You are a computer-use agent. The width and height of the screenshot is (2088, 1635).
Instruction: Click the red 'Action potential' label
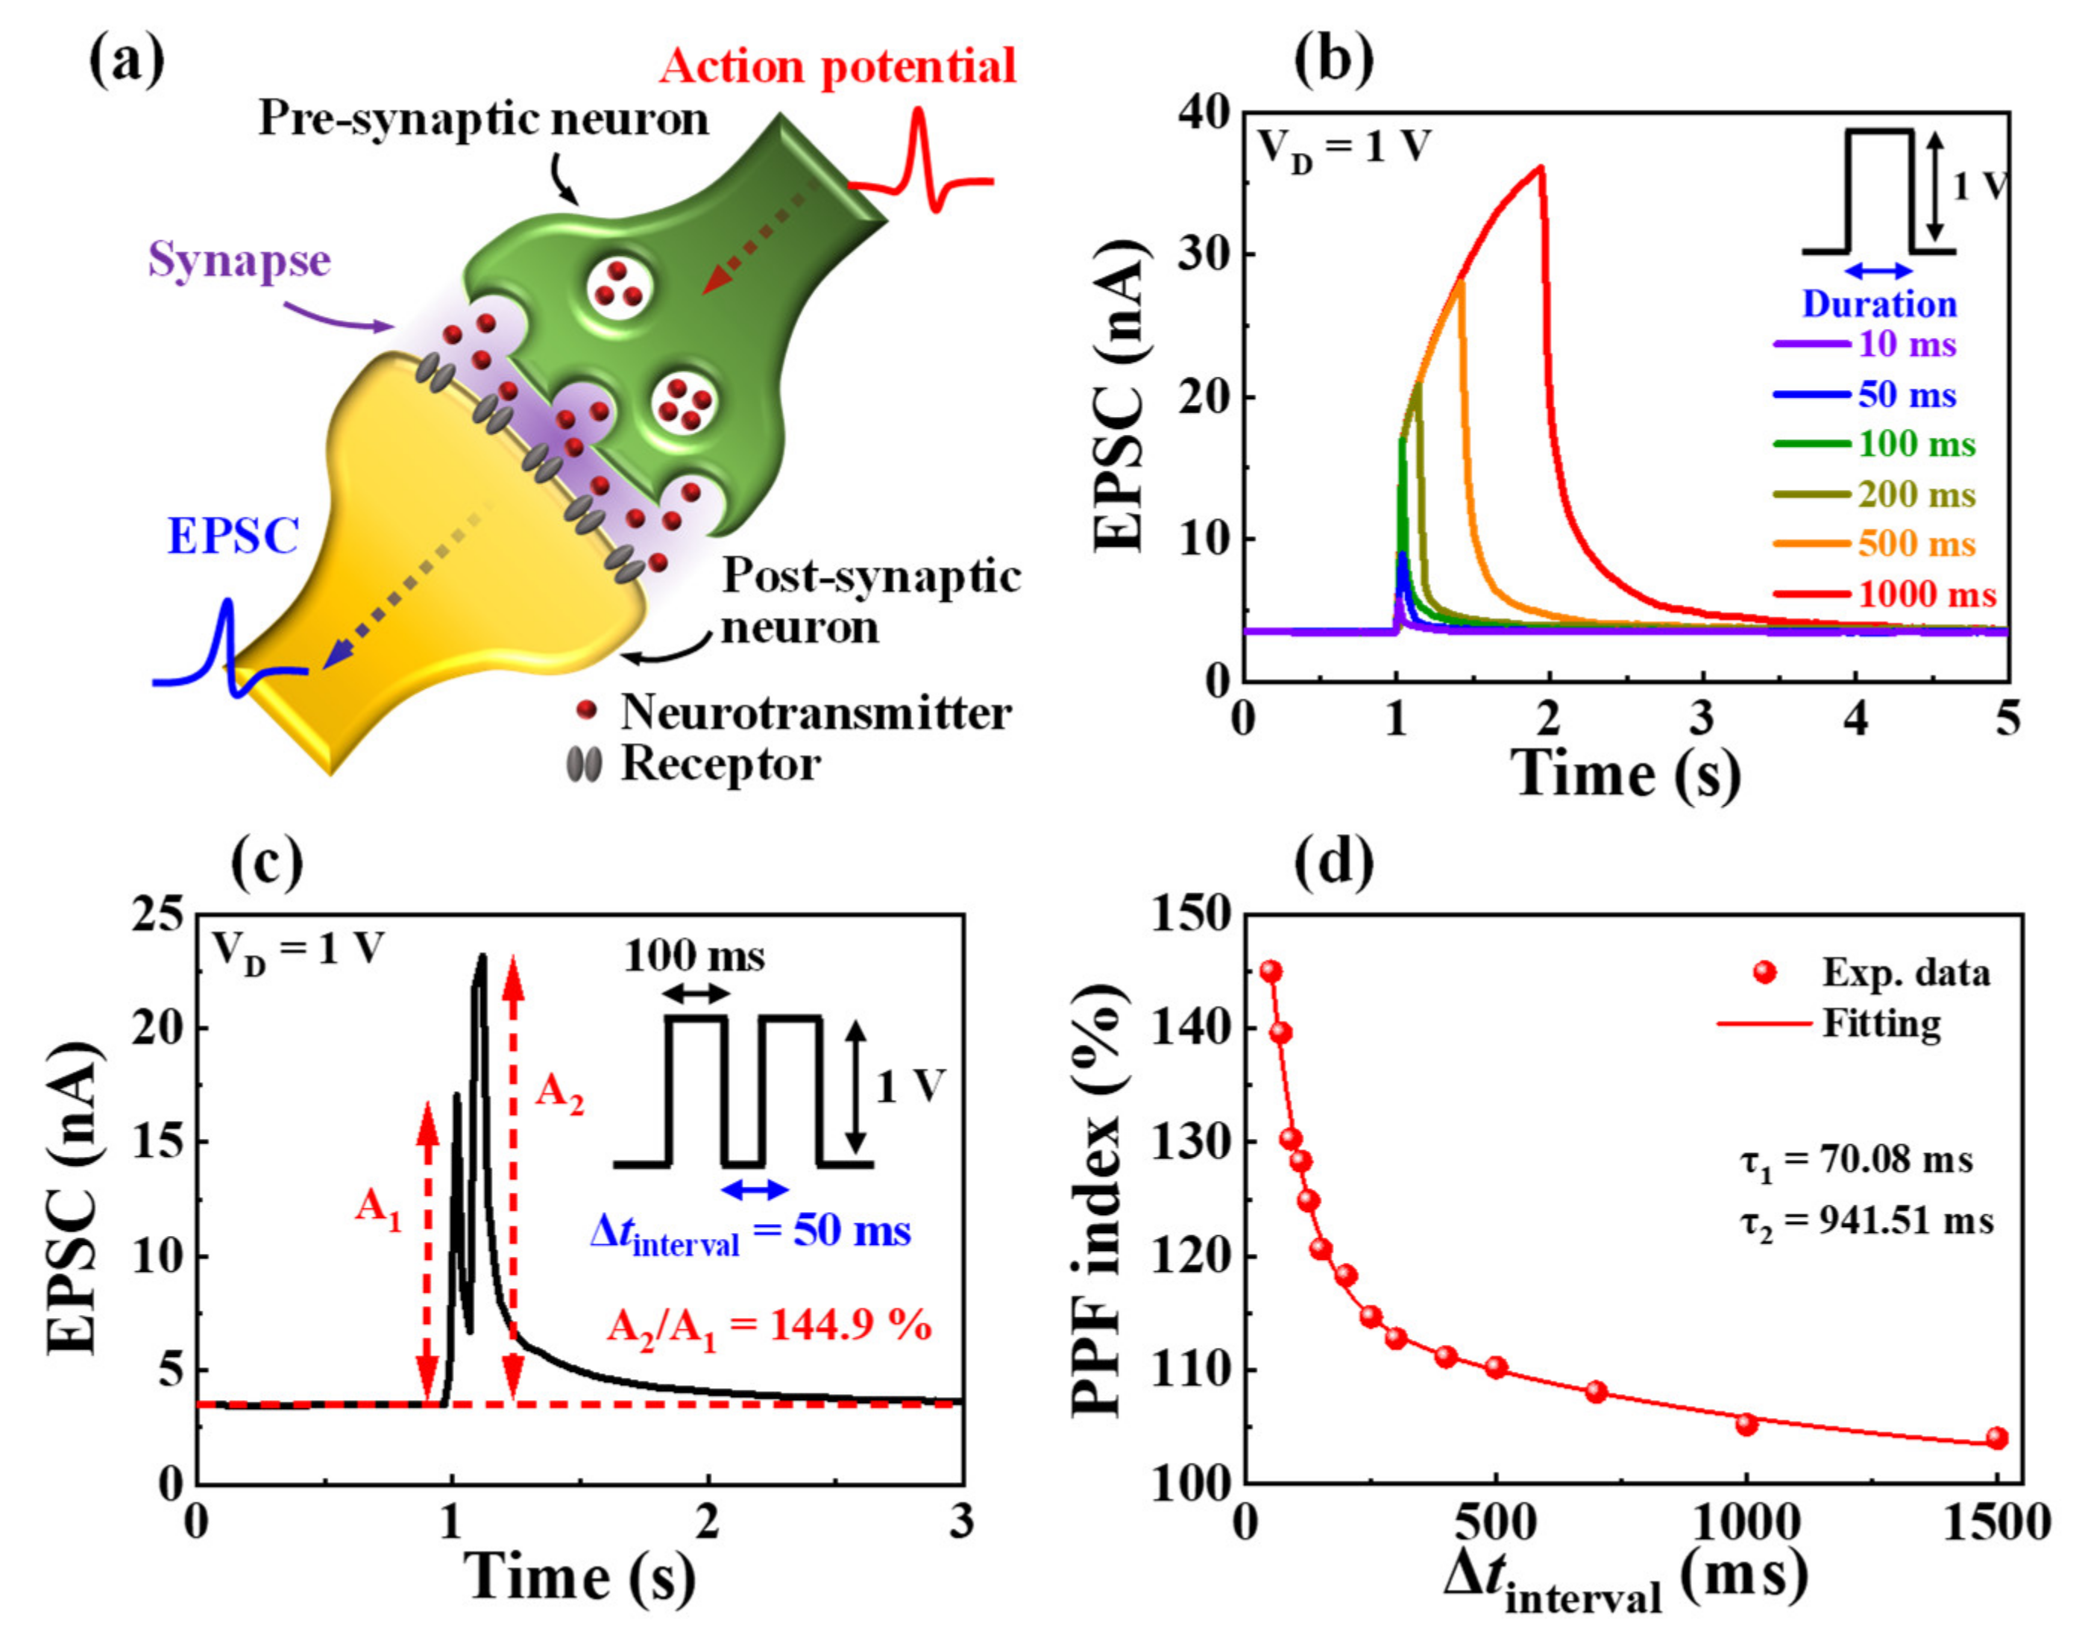point(837,67)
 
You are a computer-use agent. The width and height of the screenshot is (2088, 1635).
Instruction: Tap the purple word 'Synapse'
point(239,260)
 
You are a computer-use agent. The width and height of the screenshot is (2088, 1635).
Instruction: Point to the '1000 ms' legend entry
point(1926,594)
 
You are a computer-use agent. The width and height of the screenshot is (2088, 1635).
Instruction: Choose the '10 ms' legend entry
point(1906,344)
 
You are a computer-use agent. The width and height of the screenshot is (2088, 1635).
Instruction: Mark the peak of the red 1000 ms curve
point(1541,168)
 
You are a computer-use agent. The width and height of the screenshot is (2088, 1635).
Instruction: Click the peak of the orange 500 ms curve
point(1460,280)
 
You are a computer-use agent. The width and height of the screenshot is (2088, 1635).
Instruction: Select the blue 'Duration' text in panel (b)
point(1879,304)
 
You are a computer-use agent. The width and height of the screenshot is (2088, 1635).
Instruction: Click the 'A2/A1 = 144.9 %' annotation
point(768,1327)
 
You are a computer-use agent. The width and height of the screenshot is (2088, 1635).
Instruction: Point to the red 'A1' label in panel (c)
point(378,1209)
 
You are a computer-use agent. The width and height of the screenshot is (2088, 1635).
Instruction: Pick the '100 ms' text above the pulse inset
point(695,955)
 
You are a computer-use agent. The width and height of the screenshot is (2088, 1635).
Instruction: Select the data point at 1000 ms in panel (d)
point(1746,1425)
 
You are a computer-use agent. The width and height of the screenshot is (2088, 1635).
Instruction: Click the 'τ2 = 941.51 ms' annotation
point(1866,1222)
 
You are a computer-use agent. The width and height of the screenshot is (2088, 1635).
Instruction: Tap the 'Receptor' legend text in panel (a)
point(720,764)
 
